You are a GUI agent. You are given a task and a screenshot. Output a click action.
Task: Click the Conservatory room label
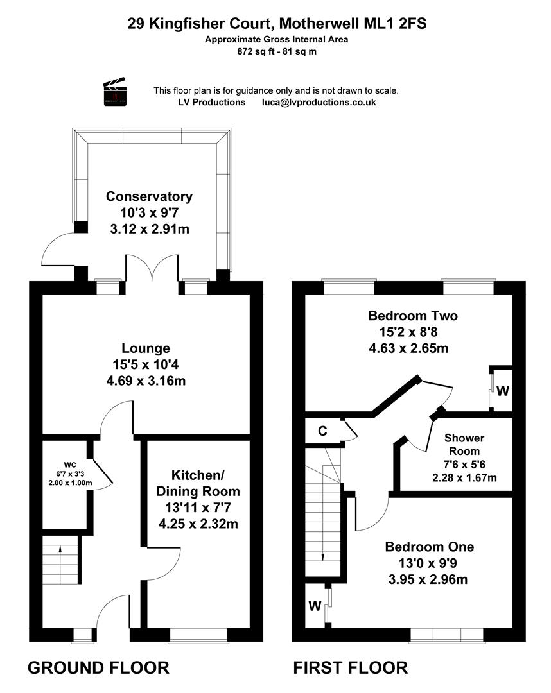[149, 196]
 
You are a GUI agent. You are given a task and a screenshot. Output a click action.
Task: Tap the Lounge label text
[146, 348]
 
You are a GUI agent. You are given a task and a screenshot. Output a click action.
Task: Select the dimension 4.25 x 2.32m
[198, 524]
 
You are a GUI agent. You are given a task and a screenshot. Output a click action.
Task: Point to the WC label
[70, 465]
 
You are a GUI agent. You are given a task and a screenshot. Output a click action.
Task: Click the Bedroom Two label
[412, 316]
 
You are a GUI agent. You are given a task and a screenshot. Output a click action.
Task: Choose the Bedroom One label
[430, 547]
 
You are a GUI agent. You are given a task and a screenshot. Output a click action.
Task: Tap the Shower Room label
[464, 445]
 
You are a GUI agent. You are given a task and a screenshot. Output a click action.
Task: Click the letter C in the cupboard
[323, 431]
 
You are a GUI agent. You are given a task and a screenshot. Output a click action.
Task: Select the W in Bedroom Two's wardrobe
[503, 391]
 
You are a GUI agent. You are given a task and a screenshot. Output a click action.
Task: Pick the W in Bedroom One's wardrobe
[315, 606]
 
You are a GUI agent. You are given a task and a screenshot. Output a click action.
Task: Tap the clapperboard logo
[115, 92]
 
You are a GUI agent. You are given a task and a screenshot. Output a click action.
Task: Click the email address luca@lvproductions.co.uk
[319, 103]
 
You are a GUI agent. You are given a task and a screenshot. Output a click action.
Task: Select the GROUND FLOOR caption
[98, 667]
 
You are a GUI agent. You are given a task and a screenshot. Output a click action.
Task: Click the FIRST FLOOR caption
[350, 667]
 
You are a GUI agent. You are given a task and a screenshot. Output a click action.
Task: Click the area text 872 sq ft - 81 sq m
[277, 51]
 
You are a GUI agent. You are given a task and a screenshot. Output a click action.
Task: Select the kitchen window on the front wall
[198, 635]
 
